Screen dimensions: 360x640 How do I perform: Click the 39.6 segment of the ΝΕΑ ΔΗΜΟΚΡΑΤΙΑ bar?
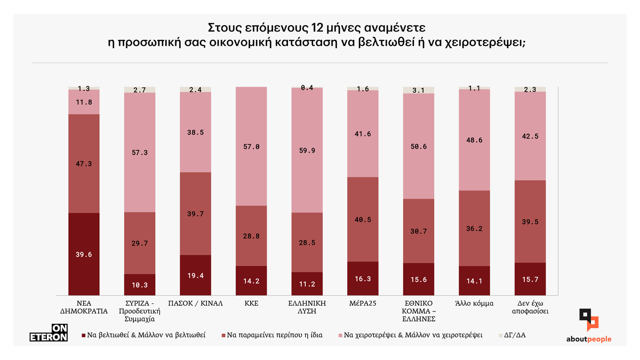[x=84, y=254]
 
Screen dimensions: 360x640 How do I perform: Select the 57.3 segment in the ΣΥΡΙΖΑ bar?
[x=139, y=153]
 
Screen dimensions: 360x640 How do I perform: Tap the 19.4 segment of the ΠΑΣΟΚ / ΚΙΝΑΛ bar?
[x=195, y=275]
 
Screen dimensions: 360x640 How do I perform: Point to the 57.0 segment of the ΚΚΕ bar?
[x=251, y=146]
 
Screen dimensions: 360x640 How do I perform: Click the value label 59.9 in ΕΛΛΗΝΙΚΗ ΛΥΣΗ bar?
[x=307, y=150]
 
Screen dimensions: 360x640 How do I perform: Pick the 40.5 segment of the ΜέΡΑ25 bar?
[x=363, y=219]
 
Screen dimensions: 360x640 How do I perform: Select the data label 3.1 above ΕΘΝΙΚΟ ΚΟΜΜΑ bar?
[x=418, y=90]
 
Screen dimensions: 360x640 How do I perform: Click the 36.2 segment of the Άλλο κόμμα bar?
[x=474, y=228]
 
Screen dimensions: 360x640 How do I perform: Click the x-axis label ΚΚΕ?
[x=251, y=303]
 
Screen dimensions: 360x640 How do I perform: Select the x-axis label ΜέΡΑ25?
[x=363, y=303]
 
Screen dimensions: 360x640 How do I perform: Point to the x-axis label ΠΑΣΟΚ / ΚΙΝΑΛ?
[x=195, y=303]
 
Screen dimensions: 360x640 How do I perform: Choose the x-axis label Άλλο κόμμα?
[x=474, y=303]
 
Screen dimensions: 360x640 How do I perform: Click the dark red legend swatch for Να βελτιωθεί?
[x=83, y=335]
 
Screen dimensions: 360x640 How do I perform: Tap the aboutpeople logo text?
[x=589, y=339]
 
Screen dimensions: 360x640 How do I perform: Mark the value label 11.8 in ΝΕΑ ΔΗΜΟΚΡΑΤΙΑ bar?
[x=84, y=102]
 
